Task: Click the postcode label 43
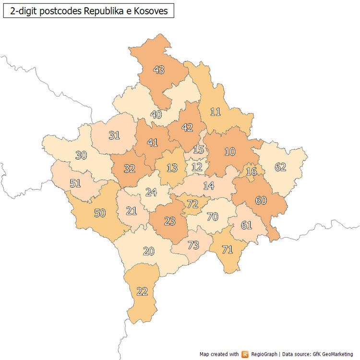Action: (x=159, y=70)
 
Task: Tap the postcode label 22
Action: (x=142, y=291)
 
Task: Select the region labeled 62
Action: (x=280, y=167)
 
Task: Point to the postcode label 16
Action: (x=251, y=172)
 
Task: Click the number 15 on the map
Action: (x=199, y=150)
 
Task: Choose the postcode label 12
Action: (x=197, y=167)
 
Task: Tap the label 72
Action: (x=192, y=204)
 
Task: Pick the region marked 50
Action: (x=100, y=213)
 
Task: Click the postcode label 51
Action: (x=75, y=183)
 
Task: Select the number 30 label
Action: (x=82, y=155)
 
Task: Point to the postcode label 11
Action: (x=216, y=112)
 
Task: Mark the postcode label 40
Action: (x=156, y=115)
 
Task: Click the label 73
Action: (x=193, y=245)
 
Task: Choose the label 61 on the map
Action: (x=246, y=225)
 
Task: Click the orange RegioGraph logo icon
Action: (x=245, y=354)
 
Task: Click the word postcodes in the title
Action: (x=58, y=11)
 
